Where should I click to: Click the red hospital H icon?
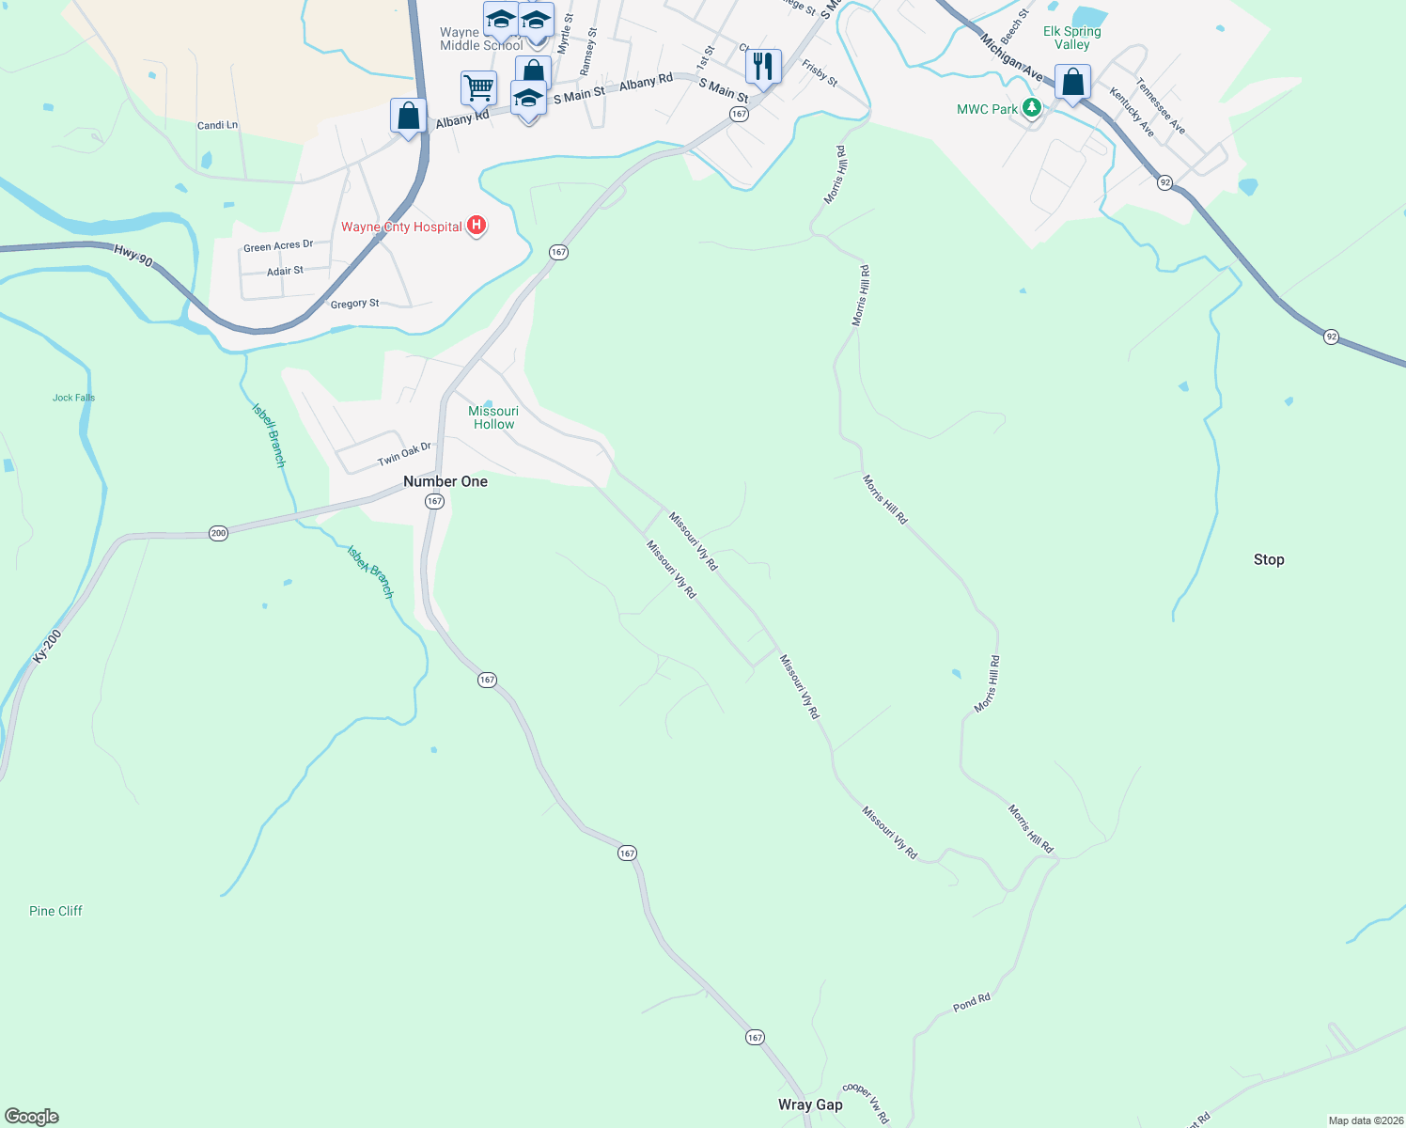click(476, 226)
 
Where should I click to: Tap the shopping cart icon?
click(478, 87)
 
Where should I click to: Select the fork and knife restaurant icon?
click(763, 67)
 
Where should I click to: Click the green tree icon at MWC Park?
click(1032, 109)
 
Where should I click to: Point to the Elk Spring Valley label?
click(1071, 38)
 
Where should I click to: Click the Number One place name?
click(445, 481)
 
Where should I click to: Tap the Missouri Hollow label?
click(493, 417)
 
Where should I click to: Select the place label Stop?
click(1268, 559)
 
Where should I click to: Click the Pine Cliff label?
click(55, 911)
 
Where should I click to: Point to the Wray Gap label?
click(810, 1104)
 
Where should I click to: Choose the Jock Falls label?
click(73, 398)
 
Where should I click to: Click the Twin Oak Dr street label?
click(404, 454)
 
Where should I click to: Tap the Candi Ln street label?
click(217, 125)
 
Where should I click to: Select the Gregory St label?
click(354, 304)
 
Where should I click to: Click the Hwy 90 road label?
click(133, 254)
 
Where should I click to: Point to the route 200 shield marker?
click(218, 533)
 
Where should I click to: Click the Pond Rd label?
click(971, 1003)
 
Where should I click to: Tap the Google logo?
click(32, 1117)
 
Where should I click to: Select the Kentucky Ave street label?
click(1131, 112)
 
